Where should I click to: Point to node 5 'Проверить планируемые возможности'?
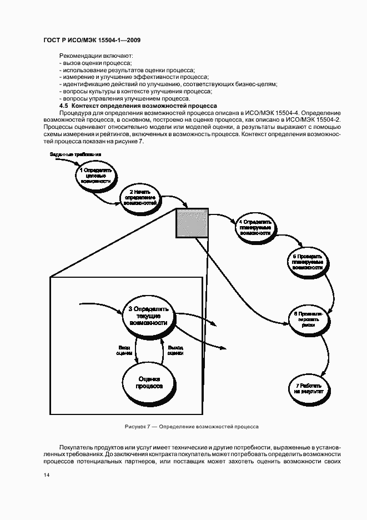coord(306,262)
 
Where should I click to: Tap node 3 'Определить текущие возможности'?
coord(148,316)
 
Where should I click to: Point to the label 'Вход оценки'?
coord(124,349)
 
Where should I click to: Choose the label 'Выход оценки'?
coord(175,349)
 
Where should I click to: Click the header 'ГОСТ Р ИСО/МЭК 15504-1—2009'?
coord(92,41)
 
